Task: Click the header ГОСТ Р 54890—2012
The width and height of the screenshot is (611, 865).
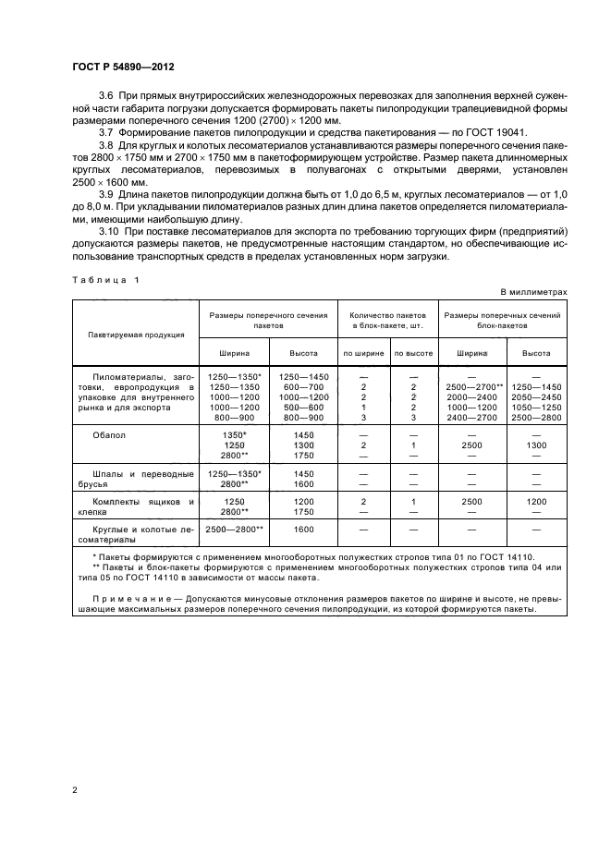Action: point(123,68)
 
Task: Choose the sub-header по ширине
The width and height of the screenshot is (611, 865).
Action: point(363,353)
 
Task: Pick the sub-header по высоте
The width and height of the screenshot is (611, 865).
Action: point(413,353)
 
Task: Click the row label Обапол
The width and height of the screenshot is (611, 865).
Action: point(108,433)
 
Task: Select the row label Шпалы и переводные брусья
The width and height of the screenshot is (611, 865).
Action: point(136,479)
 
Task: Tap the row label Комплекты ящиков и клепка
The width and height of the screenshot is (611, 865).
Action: point(136,506)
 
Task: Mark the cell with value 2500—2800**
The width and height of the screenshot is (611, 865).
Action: point(234,530)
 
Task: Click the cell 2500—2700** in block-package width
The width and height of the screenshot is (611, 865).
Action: point(474,387)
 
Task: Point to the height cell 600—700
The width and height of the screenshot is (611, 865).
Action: point(303,387)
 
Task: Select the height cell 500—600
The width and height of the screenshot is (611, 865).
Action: point(303,407)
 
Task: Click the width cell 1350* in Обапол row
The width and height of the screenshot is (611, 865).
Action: point(234,433)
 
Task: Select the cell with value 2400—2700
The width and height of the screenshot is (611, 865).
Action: point(474,417)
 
